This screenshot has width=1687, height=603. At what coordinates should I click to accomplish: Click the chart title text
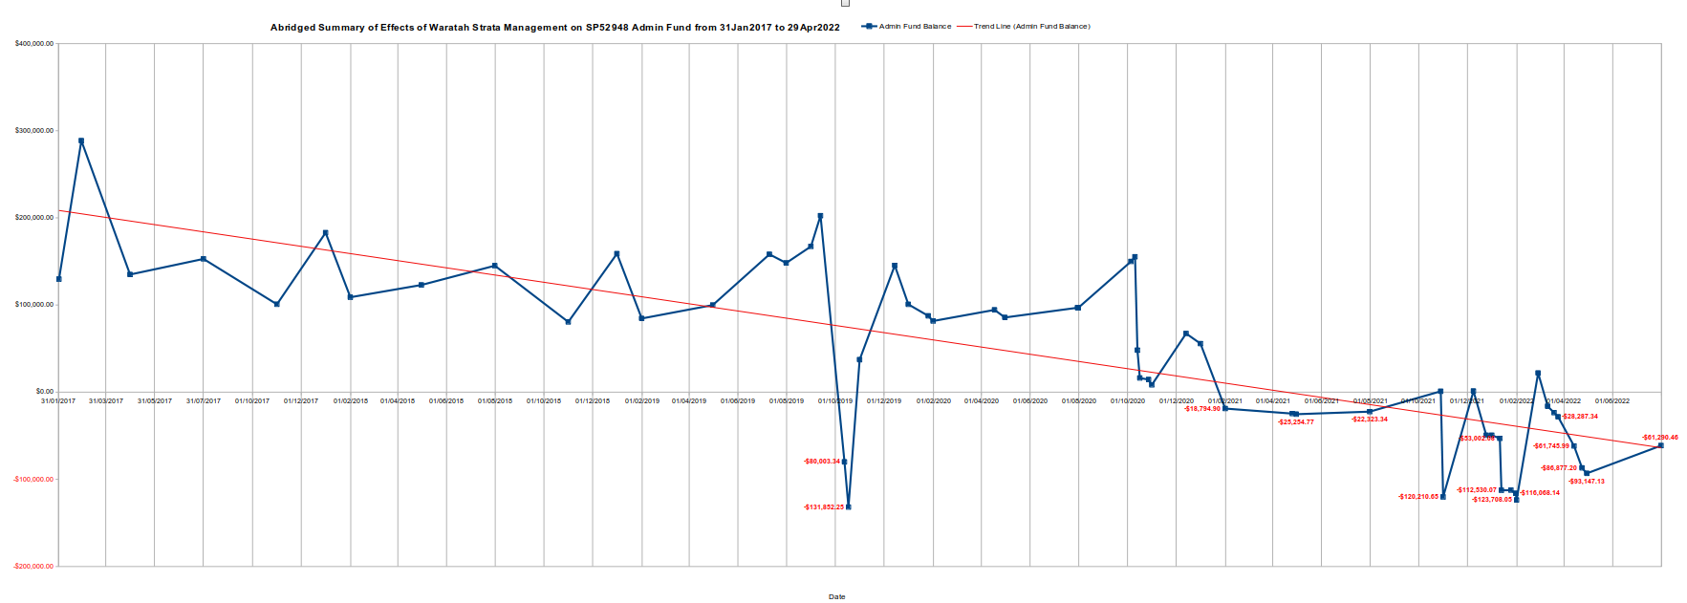(554, 28)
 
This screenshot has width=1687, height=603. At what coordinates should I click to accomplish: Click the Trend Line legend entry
(1031, 27)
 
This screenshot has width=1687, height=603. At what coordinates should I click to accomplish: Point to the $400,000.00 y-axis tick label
(34, 44)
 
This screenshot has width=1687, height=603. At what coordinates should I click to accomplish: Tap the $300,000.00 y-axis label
(34, 131)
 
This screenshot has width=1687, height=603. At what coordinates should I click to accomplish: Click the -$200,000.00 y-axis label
(34, 567)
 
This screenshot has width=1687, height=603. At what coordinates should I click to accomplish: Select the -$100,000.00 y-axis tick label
(34, 480)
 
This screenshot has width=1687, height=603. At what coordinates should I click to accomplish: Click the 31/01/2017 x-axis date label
(58, 401)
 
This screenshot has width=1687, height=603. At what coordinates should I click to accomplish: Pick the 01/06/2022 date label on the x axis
(1611, 401)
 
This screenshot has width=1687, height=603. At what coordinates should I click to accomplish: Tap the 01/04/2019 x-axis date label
(688, 401)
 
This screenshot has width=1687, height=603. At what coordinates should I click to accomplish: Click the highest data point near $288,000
(81, 140)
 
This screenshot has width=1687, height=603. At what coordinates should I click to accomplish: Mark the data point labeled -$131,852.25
(849, 506)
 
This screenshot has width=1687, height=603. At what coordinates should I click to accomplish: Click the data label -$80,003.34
(822, 462)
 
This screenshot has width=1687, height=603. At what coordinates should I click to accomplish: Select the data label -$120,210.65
(1417, 497)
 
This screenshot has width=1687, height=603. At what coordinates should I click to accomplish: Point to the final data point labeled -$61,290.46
(1660, 445)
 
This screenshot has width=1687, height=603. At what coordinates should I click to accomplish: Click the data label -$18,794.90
(1202, 409)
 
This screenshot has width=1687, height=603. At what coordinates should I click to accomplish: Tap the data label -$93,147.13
(1586, 482)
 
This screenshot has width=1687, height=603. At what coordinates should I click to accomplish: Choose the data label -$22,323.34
(1370, 420)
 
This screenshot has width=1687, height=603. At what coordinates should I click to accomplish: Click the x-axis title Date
(836, 597)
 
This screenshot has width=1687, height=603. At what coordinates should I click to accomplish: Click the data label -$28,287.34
(1580, 417)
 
